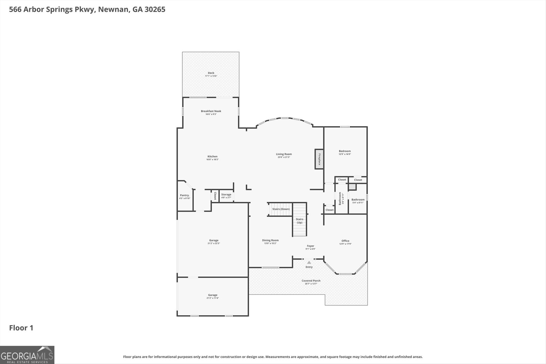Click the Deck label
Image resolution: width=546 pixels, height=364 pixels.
[211, 73]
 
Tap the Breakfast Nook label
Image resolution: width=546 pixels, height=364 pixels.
[211, 111]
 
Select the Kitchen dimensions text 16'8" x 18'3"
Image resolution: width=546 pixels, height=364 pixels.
[212, 160]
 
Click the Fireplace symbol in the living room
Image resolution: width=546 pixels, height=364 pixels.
[319, 159]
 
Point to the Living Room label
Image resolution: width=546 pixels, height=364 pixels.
[284, 154]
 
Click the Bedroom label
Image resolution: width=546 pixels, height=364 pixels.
[345, 151]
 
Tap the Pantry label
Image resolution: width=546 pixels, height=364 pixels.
[185, 195]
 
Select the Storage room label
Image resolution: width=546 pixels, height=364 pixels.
[226, 194]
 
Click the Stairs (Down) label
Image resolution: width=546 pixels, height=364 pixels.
[281, 209]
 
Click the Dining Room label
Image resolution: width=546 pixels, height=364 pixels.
[270, 241]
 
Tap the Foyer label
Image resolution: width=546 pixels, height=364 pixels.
[310, 246]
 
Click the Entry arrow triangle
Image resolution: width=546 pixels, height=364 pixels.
[309, 262]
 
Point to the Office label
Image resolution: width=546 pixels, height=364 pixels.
[345, 241]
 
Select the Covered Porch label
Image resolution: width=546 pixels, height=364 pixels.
[311, 281]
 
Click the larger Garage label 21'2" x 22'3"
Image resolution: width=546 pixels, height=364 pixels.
[214, 241]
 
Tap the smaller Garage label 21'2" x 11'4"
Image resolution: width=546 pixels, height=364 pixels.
[213, 295]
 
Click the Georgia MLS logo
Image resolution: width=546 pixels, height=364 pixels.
[27, 354]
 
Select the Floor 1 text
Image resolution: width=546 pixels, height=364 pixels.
[21, 328]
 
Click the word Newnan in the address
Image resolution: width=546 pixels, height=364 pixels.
[114, 9]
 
